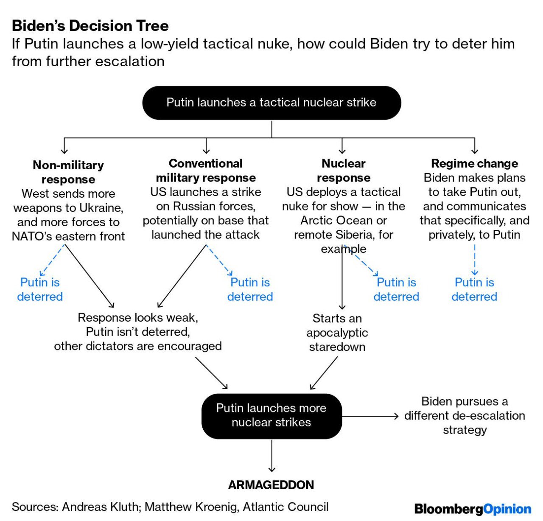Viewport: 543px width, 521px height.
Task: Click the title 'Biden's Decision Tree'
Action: (x=90, y=26)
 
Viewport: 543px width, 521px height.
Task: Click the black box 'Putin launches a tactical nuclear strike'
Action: (x=271, y=103)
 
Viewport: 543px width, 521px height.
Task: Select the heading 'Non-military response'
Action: (x=68, y=172)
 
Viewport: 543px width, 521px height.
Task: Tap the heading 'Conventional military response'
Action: (x=206, y=171)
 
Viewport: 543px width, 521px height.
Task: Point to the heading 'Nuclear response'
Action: (x=343, y=171)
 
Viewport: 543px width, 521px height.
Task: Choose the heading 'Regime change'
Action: (x=474, y=163)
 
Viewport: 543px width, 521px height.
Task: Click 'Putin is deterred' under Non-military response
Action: (x=40, y=289)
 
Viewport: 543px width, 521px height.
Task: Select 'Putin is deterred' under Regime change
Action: (x=474, y=289)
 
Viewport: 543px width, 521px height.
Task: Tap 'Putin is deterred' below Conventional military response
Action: (x=250, y=289)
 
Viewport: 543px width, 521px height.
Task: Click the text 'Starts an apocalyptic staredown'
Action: (x=337, y=332)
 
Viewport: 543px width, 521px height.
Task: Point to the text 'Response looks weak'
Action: (x=137, y=318)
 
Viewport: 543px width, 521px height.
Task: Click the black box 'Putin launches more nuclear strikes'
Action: (x=271, y=415)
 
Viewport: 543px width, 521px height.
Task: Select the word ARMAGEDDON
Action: (x=271, y=485)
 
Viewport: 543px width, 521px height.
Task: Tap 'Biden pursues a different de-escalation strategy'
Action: (x=465, y=415)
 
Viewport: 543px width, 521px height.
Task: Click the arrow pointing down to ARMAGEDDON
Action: (x=271, y=456)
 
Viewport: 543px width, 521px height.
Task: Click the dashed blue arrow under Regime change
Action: (x=475, y=260)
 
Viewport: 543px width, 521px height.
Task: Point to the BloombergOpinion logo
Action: (x=473, y=509)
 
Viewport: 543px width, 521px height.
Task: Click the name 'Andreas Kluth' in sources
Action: (x=100, y=507)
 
